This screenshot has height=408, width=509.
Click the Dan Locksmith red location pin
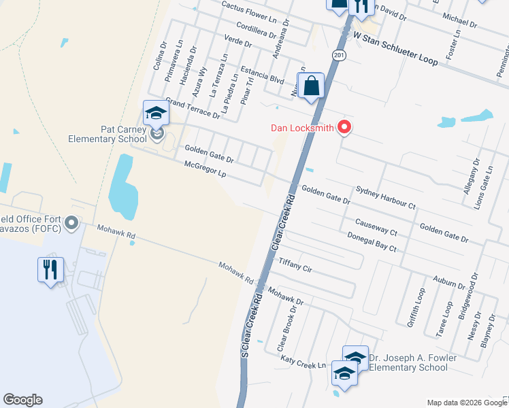pos(344,126)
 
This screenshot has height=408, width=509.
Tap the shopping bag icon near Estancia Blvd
pos(311,86)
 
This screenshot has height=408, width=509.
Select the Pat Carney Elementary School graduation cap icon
pos(155,112)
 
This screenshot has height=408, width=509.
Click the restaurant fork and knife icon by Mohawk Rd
pos(50,269)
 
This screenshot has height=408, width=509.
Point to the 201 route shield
pos(338,54)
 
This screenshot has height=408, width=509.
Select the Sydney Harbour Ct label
pos(385,197)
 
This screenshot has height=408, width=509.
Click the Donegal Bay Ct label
pos(372,243)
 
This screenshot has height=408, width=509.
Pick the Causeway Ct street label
pos(376,227)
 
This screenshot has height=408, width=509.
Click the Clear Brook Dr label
pos(286,328)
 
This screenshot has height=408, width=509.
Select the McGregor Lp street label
pos(204,169)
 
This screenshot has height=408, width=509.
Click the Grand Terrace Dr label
pos(193,108)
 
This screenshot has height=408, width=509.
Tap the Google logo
pos(22,400)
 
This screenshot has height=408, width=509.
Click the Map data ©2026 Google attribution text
pos(466,403)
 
